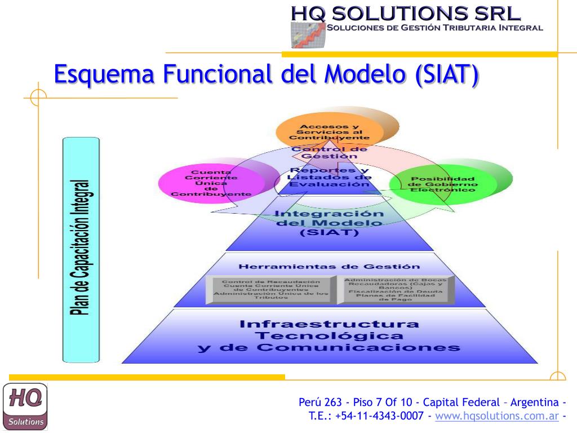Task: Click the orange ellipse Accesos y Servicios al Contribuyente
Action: pos(330,131)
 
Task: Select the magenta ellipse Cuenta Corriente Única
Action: pos(211,183)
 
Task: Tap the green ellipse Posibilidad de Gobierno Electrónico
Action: pos(442,184)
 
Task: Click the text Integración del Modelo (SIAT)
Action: pos(330,223)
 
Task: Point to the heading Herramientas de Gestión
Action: pos(329,267)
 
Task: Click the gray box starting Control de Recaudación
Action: pos(270,289)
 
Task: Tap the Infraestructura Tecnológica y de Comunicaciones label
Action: pos(329,336)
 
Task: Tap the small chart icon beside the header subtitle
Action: pos(308,35)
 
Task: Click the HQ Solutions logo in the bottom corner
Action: pos(25,406)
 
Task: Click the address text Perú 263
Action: pos(320,402)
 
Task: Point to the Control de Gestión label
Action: pos(329,152)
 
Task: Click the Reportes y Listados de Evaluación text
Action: pos(329,177)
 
